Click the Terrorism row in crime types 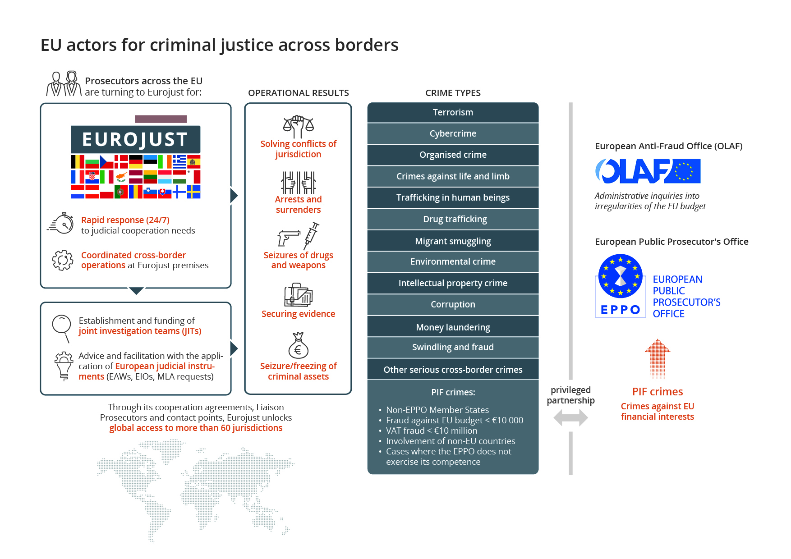[453, 112]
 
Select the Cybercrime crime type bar [453, 133]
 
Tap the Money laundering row [453, 327]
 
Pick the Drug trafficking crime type [453, 219]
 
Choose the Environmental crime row [453, 261]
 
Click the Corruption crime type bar [453, 304]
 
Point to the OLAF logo [648, 171]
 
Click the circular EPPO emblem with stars [621, 276]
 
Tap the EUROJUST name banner [135, 139]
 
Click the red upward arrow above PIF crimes [658, 358]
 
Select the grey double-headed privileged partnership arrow [570, 417]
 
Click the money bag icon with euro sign [298, 345]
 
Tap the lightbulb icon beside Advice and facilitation [64, 366]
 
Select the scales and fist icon [298, 127]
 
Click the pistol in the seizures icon [288, 238]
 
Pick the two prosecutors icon [64, 84]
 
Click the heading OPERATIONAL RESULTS [299, 93]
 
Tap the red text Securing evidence [299, 314]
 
